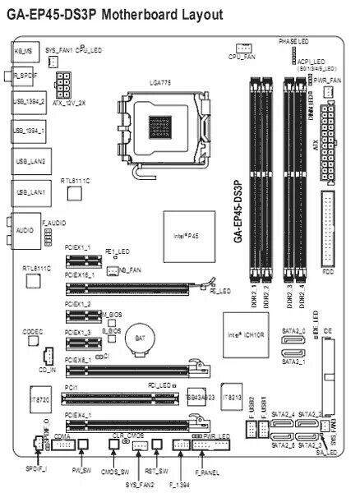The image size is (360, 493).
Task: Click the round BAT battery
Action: click(136, 337)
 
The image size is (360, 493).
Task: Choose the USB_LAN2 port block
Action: click(29, 161)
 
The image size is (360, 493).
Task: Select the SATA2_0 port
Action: click(293, 341)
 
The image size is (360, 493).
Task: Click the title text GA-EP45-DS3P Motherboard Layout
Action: click(113, 14)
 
